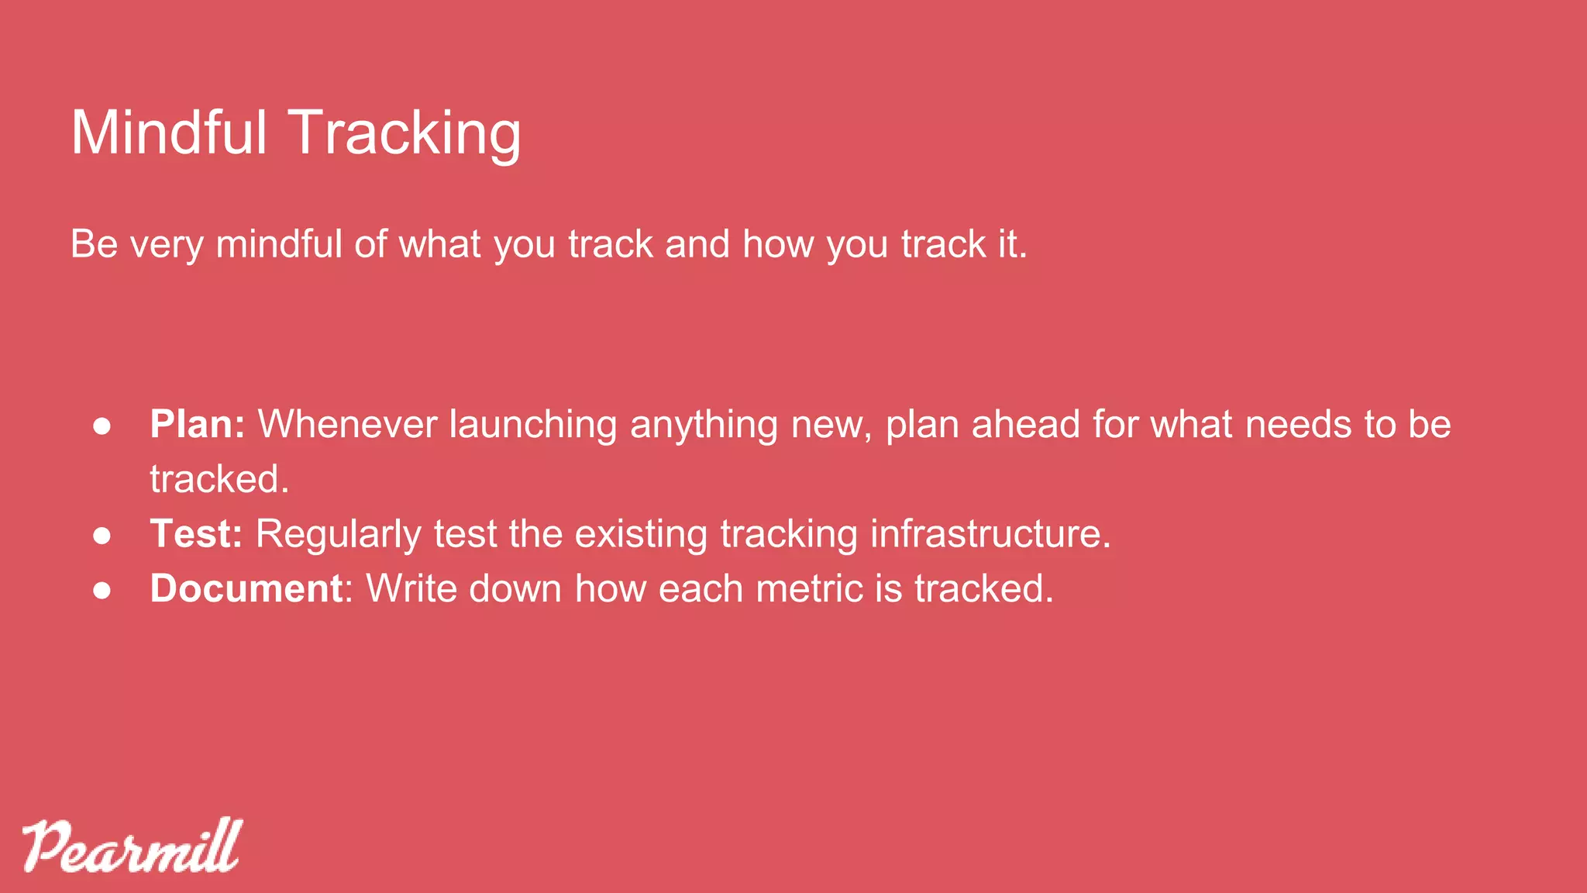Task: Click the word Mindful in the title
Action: (169, 133)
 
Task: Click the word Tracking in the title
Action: (404, 133)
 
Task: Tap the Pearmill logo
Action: (132, 846)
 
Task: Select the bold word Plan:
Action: (197, 425)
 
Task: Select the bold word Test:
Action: (196, 534)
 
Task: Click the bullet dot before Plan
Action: (102, 426)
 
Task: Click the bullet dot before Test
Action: (102, 536)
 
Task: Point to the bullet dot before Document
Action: (102, 590)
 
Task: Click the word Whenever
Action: (347, 425)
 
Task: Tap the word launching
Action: (533, 425)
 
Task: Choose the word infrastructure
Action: (990, 534)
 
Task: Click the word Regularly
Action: (338, 534)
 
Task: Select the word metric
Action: (809, 588)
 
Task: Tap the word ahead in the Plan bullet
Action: (1025, 425)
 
